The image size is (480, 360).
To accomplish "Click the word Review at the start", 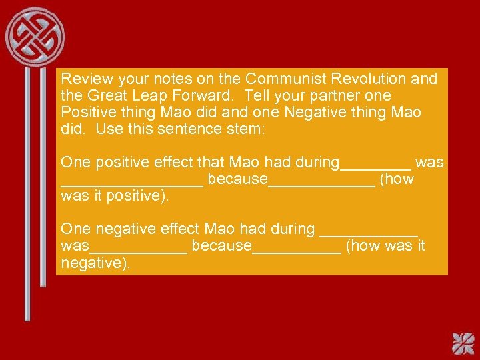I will coord(83,79).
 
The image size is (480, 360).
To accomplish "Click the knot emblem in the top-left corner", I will coord(35,35).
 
